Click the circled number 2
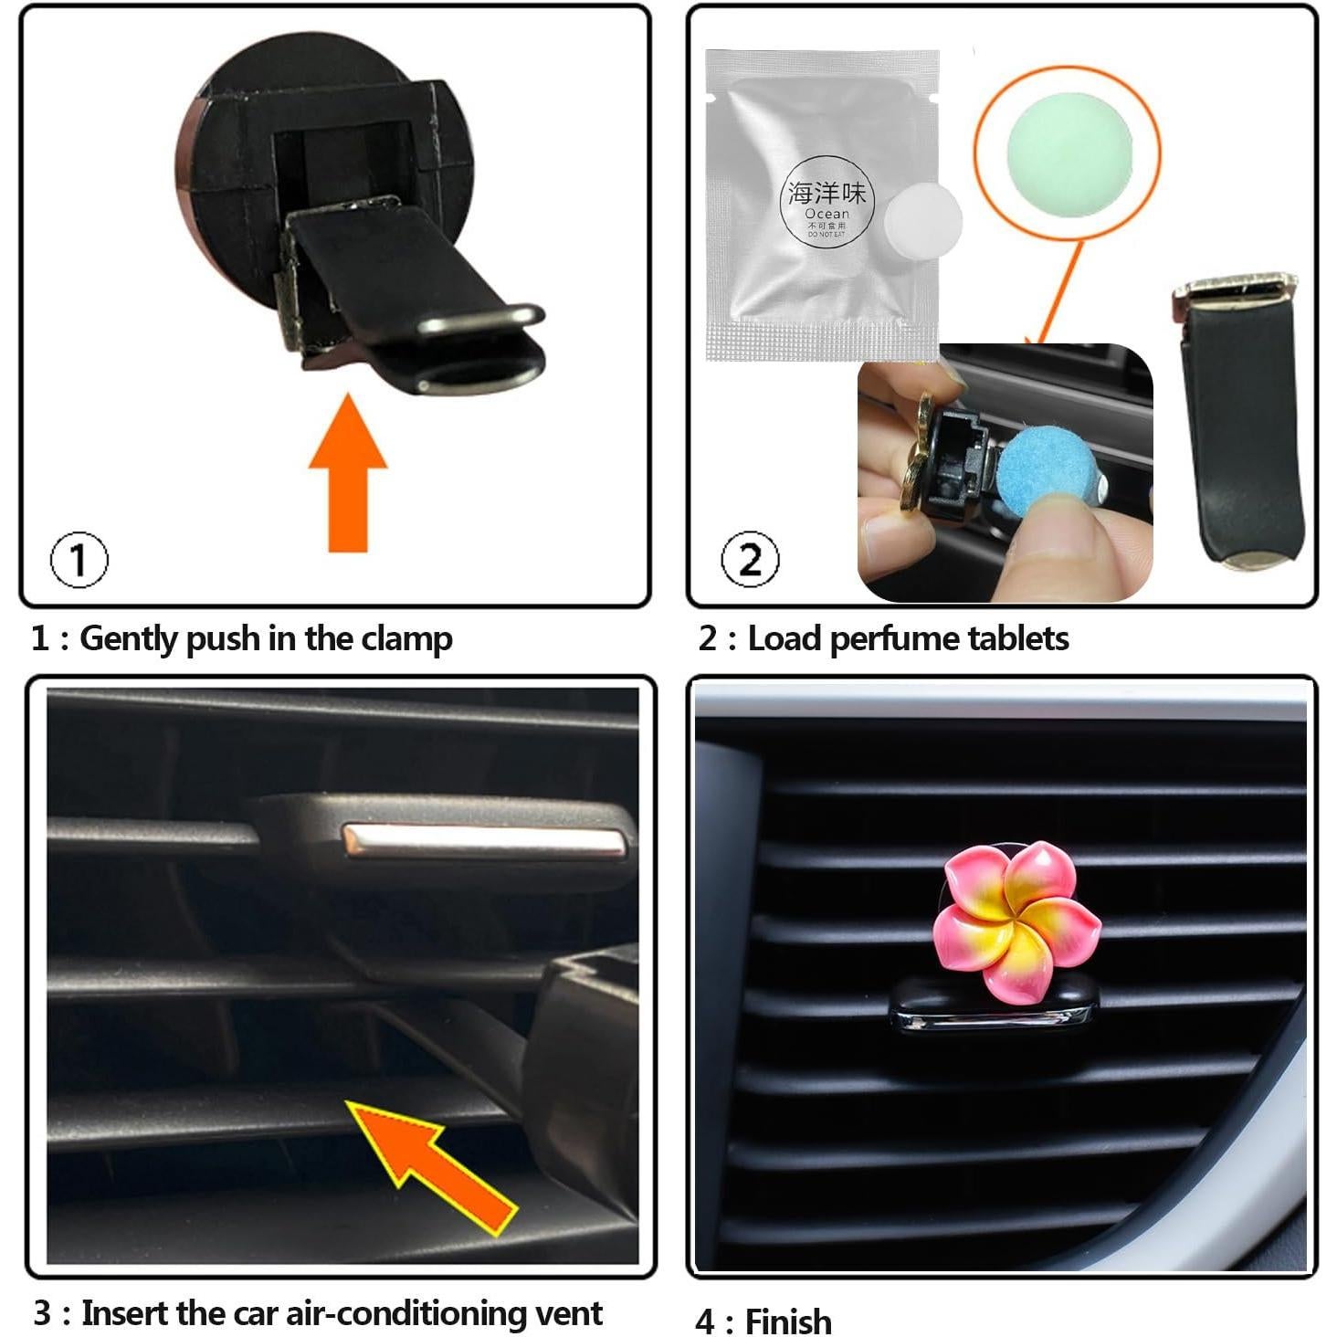pos(750,559)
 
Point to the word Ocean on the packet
pos(826,214)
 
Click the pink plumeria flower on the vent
pos(1017,921)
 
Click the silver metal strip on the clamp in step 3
pos(485,841)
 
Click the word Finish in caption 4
pos(788,1321)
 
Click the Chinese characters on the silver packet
pos(827,193)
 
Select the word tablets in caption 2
pos(1017,638)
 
